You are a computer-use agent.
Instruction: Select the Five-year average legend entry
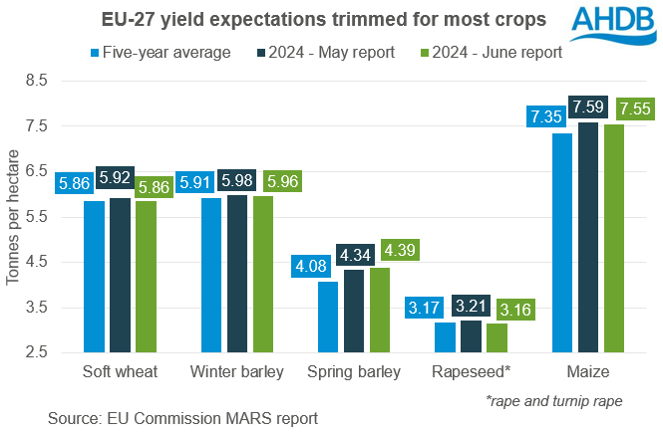pos(159,50)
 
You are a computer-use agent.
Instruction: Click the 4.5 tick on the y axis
pos(35,262)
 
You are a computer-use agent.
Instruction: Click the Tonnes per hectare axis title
pos(13,216)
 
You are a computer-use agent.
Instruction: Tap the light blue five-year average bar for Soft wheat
pos(95,277)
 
